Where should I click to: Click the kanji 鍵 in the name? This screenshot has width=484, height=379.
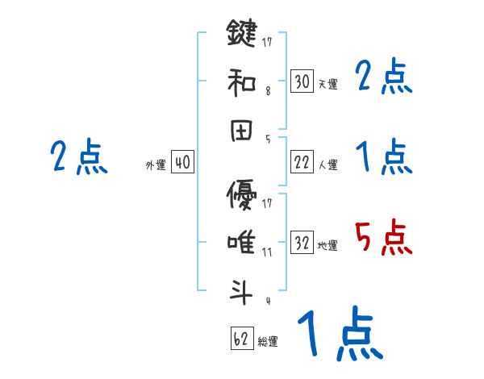pyautogui.click(x=241, y=35)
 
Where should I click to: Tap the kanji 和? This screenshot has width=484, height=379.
pyautogui.click(x=241, y=81)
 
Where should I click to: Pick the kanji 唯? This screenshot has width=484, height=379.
pyautogui.click(x=241, y=241)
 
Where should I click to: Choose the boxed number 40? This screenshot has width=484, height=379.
pyautogui.click(x=182, y=162)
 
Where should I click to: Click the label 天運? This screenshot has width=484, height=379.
pyautogui.click(x=328, y=84)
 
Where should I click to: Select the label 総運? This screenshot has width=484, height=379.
pyautogui.click(x=268, y=341)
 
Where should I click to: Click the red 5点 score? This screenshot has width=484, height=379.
pyautogui.click(x=384, y=239)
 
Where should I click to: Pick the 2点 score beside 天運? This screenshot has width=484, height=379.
pyautogui.click(x=384, y=78)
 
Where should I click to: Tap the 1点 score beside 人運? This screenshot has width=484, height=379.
pyautogui.click(x=384, y=157)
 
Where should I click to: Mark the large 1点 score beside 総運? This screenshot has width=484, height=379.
pyautogui.click(x=339, y=335)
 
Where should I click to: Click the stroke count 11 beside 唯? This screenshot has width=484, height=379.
pyautogui.click(x=268, y=252)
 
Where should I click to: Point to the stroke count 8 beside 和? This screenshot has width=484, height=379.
pyautogui.click(x=268, y=92)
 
